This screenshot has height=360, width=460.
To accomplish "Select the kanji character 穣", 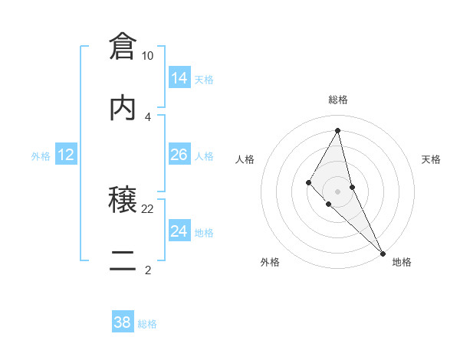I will pyautogui.click(x=123, y=199).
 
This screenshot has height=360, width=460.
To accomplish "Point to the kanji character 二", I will pyautogui.click(x=123, y=260).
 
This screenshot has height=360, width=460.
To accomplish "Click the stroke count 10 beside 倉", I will pyautogui.click(x=148, y=56).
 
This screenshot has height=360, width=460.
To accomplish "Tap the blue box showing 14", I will pyautogui.click(x=179, y=77).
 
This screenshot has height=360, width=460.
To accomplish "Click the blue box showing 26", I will pyautogui.click(x=179, y=155).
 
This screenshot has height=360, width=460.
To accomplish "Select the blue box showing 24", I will pyautogui.click(x=179, y=231).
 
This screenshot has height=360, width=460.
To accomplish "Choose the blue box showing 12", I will pyautogui.click(x=66, y=155).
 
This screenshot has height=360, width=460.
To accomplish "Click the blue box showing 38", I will pyautogui.click(x=123, y=322).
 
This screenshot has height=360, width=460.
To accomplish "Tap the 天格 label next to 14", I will pyautogui.click(x=204, y=80).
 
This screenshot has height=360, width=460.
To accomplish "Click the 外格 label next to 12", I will pyautogui.click(x=41, y=156).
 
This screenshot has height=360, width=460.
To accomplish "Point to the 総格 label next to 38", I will pyautogui.click(x=147, y=324).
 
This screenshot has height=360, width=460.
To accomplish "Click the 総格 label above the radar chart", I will pyautogui.click(x=338, y=100).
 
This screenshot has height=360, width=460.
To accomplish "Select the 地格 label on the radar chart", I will pyautogui.click(x=402, y=262).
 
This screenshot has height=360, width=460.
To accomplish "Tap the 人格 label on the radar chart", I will pyautogui.click(x=245, y=159).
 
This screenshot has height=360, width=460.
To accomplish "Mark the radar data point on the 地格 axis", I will pyautogui.click(x=383, y=252).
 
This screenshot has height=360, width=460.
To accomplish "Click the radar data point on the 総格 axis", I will pyautogui.click(x=338, y=130).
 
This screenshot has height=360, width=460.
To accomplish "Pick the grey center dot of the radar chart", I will pyautogui.click(x=338, y=191).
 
